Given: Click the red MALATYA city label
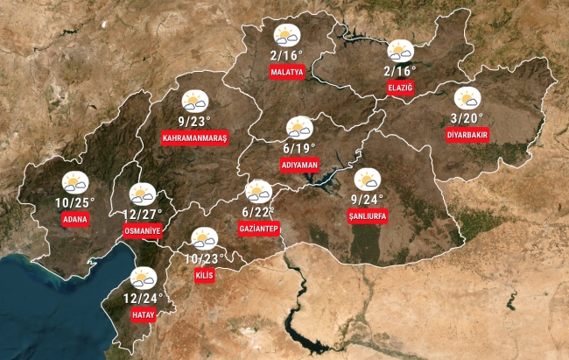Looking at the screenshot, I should tap(287, 71).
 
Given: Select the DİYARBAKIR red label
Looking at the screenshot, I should tap(467, 135).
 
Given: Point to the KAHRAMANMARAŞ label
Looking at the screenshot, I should tap(194, 138).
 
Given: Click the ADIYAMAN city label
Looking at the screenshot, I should tap(299, 165).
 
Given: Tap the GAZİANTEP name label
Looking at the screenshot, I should tap(258, 229).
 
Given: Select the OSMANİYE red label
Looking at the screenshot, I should tap(143, 231).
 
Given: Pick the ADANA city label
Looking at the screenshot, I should tap(75, 219).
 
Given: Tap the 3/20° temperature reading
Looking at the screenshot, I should tap(467, 118).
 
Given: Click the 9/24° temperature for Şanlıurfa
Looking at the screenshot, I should tap(368, 199).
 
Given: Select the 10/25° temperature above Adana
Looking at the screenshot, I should tap(74, 202).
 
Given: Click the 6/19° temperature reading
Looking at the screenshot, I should tap(299, 148).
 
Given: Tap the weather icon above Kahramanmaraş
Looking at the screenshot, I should tap(194, 102).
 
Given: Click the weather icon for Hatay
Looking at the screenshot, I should tap(141, 279).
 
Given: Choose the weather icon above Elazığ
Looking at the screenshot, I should tap(401, 51).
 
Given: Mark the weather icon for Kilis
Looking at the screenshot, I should tap(205, 238).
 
